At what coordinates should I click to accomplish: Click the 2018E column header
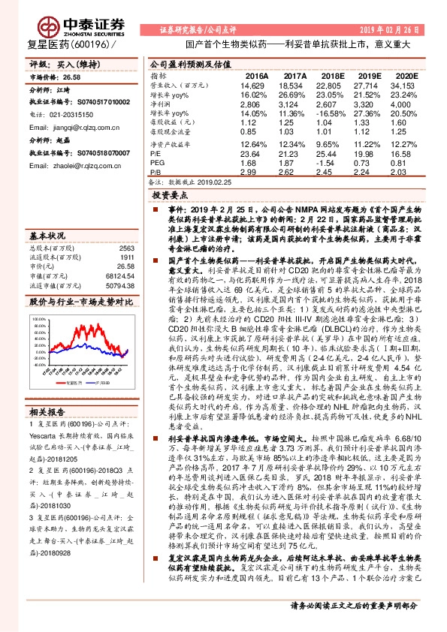tap(331, 77)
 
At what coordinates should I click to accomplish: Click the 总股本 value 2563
tap(126, 248)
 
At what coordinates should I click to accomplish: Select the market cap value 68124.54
tap(119, 275)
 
